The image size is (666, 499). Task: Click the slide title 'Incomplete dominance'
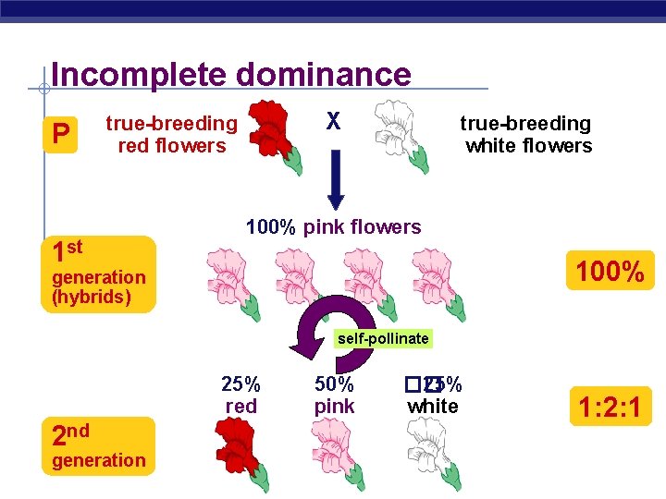231,74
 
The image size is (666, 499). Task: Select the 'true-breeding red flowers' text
171,134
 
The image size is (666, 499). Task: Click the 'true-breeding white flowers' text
527,134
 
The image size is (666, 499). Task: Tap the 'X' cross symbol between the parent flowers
334,122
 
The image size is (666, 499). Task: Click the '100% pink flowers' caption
333,227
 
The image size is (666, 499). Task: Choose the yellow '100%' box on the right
610,272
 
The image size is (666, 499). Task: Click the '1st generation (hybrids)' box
98,274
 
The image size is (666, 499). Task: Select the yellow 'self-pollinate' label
383,339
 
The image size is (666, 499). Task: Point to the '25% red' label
240,395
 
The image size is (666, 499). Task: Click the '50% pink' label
334,395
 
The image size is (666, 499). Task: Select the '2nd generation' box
98,445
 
